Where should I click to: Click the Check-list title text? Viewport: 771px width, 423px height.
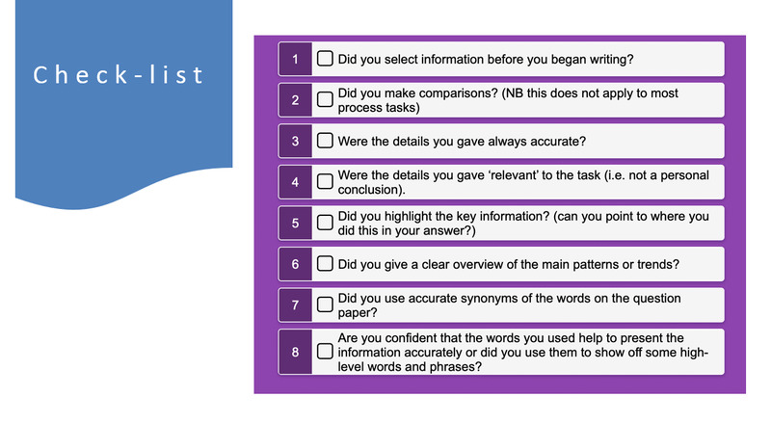(118, 75)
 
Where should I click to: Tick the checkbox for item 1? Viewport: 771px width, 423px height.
(325, 59)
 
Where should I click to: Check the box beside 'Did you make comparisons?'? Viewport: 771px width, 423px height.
(325, 100)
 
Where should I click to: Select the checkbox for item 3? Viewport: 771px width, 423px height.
(325, 141)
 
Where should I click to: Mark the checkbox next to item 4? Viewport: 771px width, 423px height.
(325, 181)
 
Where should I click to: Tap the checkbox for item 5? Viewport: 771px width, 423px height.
(325, 223)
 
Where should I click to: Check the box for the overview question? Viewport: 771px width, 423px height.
(325, 264)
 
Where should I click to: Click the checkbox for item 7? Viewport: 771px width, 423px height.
(325, 304)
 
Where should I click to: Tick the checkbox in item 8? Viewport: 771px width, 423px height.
(325, 351)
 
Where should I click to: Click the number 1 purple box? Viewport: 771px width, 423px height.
(295, 59)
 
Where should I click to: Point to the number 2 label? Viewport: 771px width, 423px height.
(295, 100)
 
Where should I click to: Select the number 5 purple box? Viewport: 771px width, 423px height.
(295, 223)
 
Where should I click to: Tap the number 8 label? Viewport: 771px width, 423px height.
(295, 352)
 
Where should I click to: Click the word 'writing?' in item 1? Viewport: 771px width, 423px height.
(612, 60)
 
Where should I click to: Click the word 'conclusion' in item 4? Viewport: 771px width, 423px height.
(369, 190)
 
